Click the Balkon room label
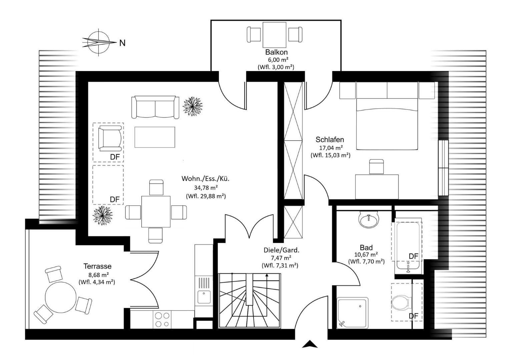(x=277, y=52)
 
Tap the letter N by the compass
(x=122, y=43)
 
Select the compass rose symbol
(x=99, y=43)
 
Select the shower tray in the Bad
(x=353, y=313)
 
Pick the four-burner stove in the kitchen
(x=162, y=320)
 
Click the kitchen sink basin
(x=204, y=297)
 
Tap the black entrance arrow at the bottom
(x=310, y=344)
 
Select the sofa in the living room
(x=155, y=107)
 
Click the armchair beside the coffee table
(x=110, y=138)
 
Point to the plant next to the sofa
(x=192, y=106)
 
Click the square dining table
(x=156, y=212)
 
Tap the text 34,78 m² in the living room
(x=206, y=188)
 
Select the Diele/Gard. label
(x=282, y=250)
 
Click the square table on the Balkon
(x=275, y=35)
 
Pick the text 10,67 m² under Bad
(x=366, y=254)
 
